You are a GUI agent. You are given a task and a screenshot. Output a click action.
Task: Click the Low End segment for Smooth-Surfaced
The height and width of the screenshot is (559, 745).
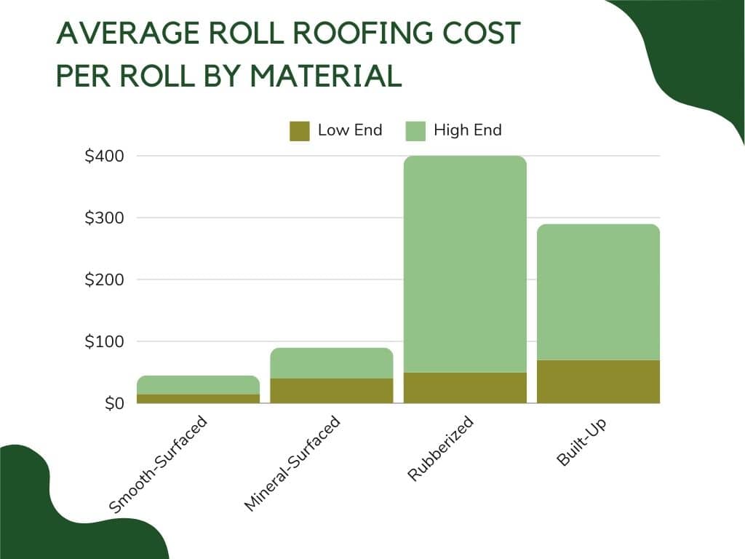tap(198, 398)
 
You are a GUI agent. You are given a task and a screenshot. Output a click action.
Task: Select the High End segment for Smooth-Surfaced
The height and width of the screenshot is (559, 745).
tap(198, 384)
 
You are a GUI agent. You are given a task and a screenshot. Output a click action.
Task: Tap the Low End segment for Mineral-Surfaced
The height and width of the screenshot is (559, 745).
tap(332, 390)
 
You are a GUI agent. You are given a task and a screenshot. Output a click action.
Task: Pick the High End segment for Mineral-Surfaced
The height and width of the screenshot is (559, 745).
tap(332, 362)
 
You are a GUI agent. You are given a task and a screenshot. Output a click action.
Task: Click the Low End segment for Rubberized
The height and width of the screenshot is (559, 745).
tap(465, 387)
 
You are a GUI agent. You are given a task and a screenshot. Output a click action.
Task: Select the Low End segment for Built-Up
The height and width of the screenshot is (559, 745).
tap(599, 381)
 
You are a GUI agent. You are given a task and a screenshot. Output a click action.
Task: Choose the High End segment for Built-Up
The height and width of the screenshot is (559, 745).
tap(599, 291)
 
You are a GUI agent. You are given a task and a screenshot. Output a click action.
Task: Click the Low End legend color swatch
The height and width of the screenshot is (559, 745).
tap(300, 131)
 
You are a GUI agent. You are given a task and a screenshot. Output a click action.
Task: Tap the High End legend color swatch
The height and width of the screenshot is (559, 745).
tap(415, 131)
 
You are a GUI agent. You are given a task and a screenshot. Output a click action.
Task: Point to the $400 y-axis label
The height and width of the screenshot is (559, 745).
tap(104, 156)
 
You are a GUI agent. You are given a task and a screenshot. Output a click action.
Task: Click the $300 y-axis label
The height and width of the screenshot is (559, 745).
tap(104, 218)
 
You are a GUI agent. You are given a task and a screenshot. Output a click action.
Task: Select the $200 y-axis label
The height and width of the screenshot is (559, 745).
tap(104, 279)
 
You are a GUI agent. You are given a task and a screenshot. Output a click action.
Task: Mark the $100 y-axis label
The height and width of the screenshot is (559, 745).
tap(104, 341)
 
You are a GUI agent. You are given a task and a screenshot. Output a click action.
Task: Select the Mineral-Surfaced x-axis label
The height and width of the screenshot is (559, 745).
tap(291, 463)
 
